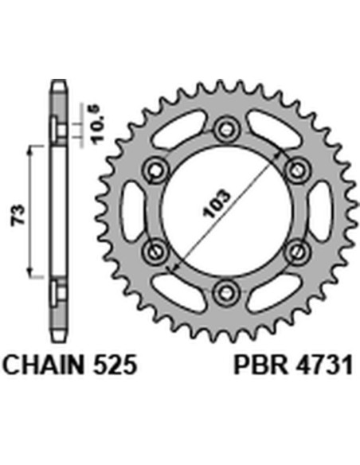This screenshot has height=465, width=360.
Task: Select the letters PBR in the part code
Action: (x=256, y=365)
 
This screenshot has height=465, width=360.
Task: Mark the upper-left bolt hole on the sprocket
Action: (x=156, y=169)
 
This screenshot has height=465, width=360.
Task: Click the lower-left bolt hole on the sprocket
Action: (x=156, y=250)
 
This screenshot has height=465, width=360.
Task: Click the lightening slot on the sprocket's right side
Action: (x=319, y=209)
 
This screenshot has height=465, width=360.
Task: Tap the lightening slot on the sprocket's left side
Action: (x=134, y=209)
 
